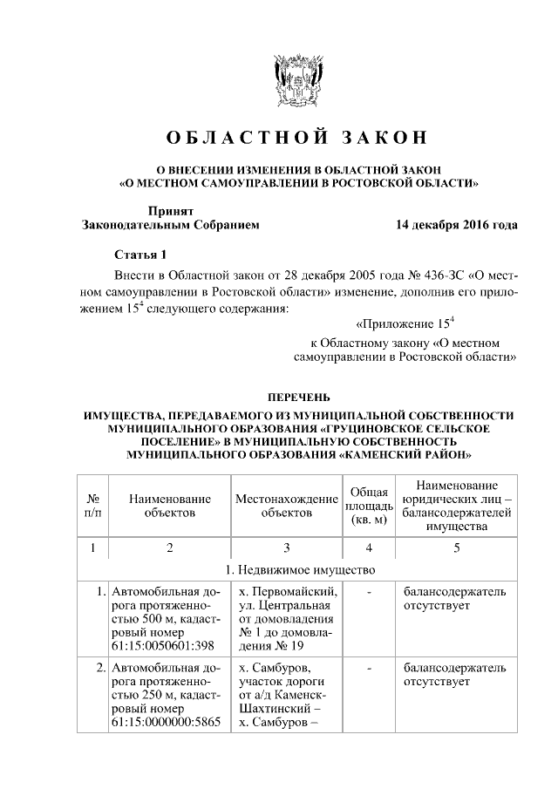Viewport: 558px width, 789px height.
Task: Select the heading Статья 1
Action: pyautogui.click(x=140, y=255)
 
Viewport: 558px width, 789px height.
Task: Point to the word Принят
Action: pyautogui.click(x=171, y=210)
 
